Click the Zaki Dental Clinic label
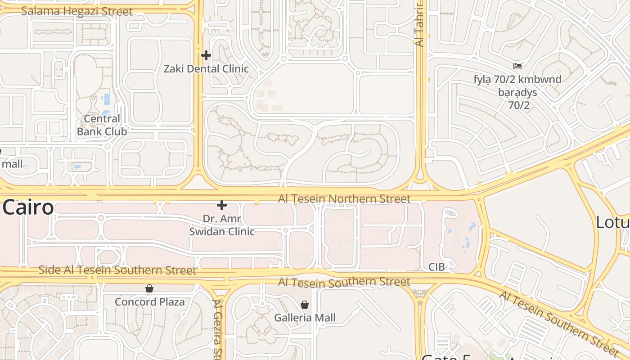coord(206,69)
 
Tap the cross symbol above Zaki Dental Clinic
coord(206,55)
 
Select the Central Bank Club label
coord(102,125)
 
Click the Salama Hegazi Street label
coord(77,11)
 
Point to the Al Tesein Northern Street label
coord(344,198)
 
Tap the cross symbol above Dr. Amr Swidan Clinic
coord(222,206)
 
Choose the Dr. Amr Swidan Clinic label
coord(222,225)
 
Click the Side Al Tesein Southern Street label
coord(117,270)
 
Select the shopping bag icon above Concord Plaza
coord(149,288)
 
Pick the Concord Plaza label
coord(149,301)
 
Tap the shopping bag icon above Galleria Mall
coord(305,305)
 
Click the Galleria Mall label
coord(305,318)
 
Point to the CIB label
coord(436,267)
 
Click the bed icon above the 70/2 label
coord(517,66)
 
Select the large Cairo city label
coord(28,208)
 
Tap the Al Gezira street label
coord(218,328)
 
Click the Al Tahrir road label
coord(419,25)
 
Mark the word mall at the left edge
coord(12,164)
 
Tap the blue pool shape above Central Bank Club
coord(106,99)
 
